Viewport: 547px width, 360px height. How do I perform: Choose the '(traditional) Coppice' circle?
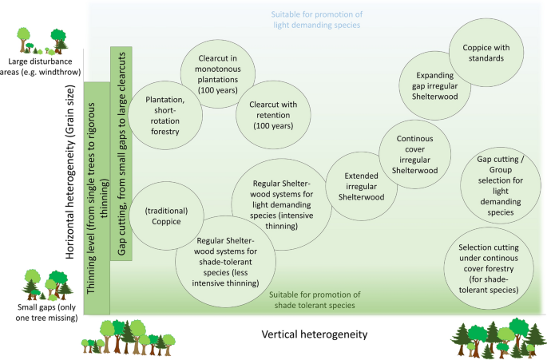[x=165, y=216]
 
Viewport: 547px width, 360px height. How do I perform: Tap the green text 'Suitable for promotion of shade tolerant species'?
[x=317, y=299]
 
